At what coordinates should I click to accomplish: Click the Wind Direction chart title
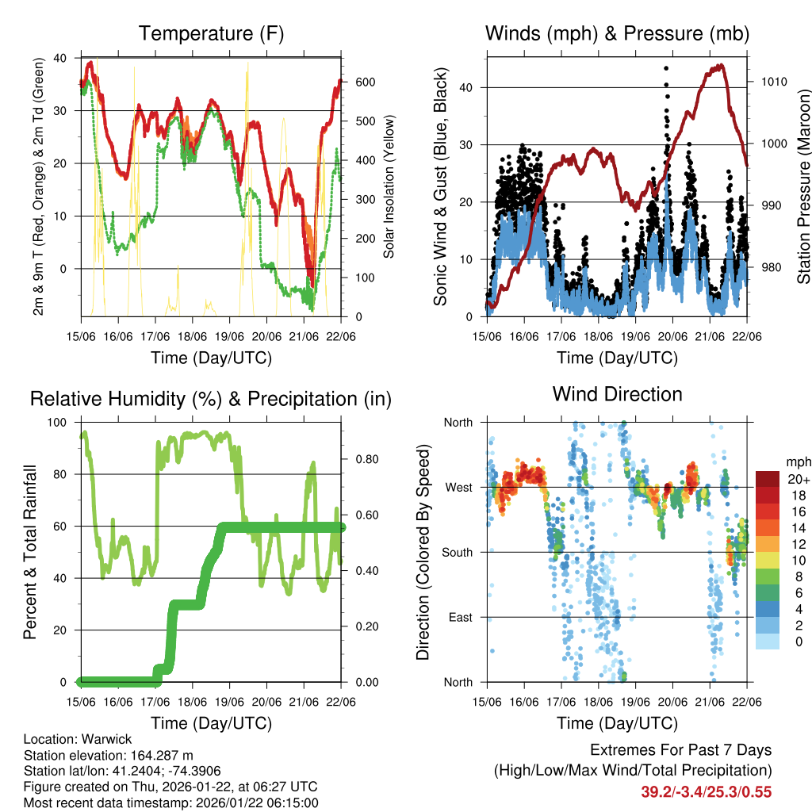(x=617, y=394)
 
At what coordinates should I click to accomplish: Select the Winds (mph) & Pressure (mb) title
(x=617, y=33)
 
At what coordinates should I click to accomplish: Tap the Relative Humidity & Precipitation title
(x=210, y=399)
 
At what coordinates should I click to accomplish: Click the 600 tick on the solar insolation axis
(x=364, y=82)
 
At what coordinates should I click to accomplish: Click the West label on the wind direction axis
(x=458, y=488)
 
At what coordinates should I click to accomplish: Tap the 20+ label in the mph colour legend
(x=797, y=480)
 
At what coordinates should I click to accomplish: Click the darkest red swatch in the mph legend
(x=767, y=479)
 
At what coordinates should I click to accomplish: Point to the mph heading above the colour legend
(x=797, y=462)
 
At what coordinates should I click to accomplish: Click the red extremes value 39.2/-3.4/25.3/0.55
(x=706, y=791)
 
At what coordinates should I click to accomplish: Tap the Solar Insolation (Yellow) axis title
(x=389, y=186)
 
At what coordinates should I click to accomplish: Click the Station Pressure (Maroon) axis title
(x=803, y=186)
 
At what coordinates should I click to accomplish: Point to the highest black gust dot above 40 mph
(x=665, y=69)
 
